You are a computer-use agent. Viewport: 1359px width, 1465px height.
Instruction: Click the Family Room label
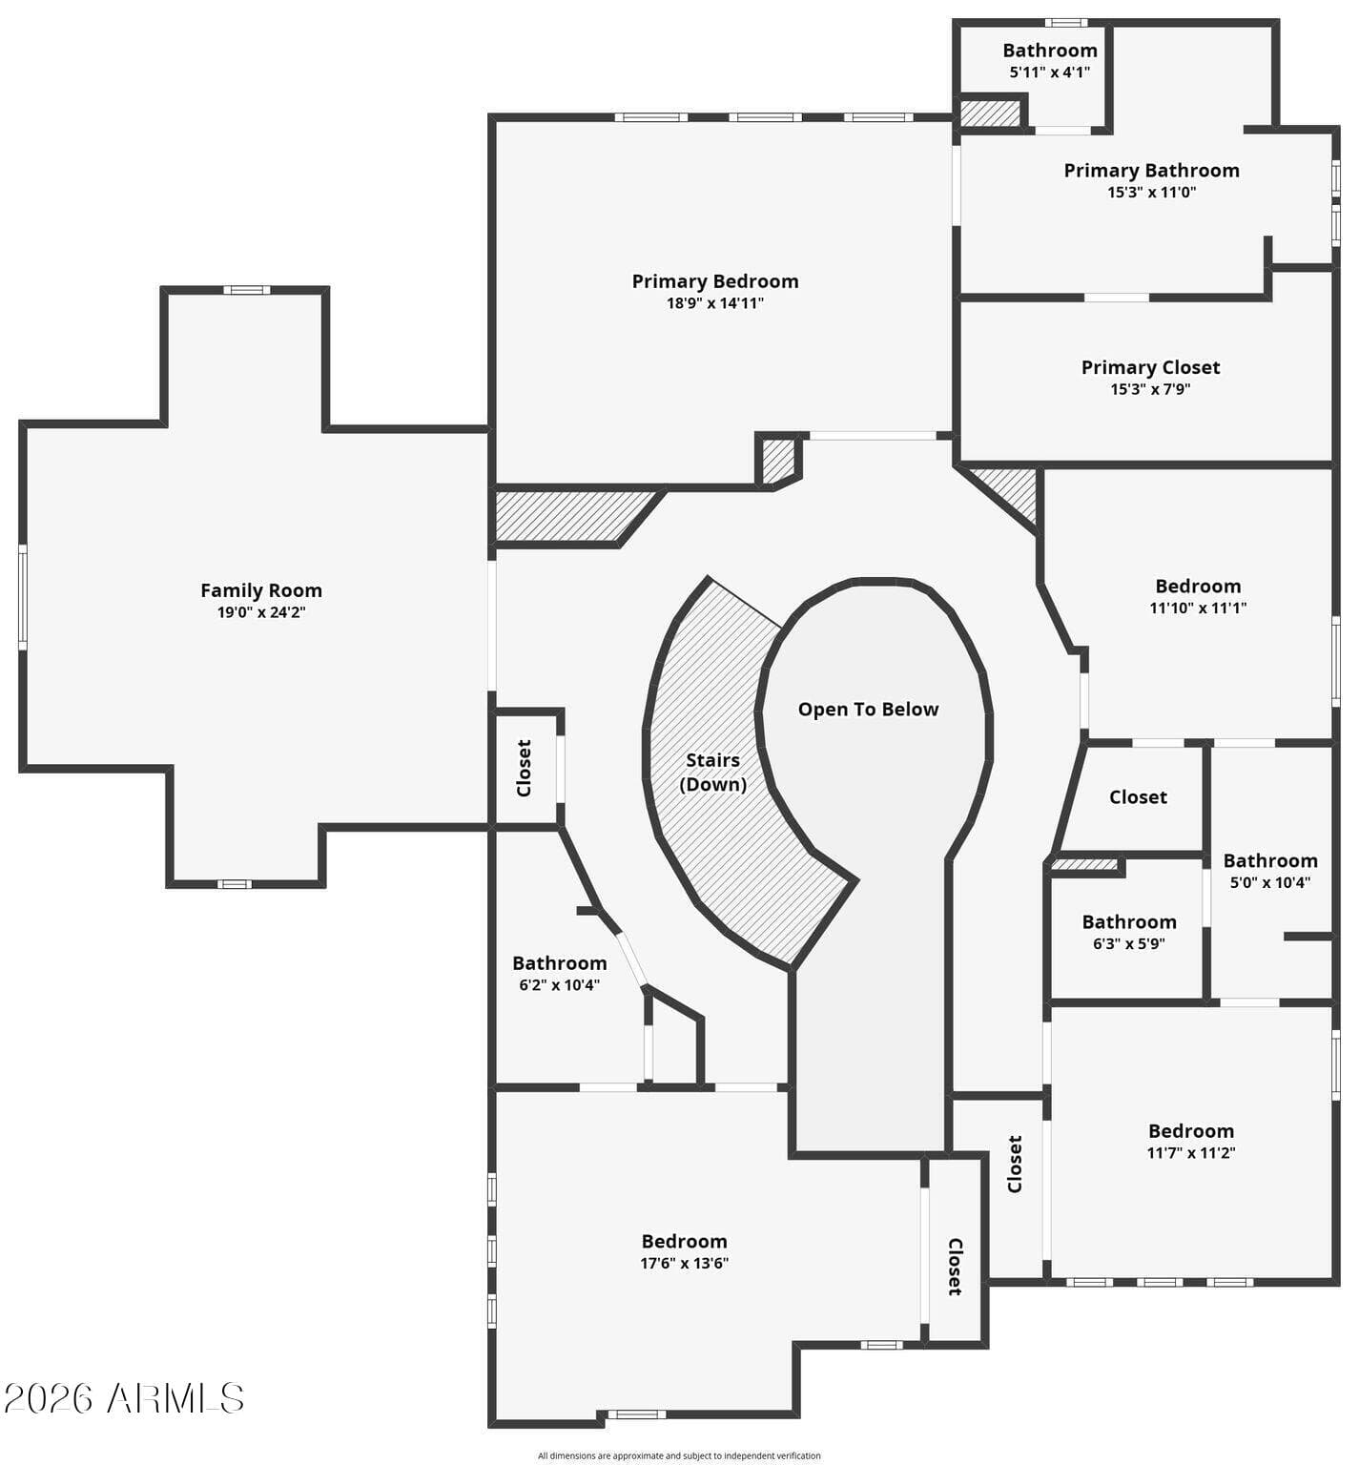(x=261, y=590)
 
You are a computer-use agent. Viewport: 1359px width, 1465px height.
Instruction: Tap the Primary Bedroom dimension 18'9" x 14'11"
(x=715, y=303)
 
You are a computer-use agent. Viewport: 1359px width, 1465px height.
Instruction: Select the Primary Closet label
(x=1150, y=367)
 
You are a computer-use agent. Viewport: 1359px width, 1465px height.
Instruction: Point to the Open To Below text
(x=868, y=710)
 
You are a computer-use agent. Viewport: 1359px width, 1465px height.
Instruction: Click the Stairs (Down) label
(x=713, y=773)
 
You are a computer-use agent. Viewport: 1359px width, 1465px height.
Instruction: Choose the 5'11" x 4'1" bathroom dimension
(x=1050, y=72)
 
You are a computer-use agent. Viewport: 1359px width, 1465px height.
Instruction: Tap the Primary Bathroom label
(x=1151, y=171)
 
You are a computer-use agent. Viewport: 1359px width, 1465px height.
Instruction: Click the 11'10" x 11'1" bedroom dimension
(x=1198, y=608)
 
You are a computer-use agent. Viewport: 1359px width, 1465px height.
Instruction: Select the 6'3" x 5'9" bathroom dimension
(x=1129, y=944)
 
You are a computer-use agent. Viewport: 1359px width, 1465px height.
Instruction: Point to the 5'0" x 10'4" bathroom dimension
(x=1270, y=883)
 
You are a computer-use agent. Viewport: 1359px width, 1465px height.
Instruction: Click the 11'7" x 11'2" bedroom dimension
(x=1191, y=1152)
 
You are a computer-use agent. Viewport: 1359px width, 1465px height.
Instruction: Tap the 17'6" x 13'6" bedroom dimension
(x=685, y=1263)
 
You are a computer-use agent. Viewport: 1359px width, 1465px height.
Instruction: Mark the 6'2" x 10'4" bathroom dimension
(x=560, y=985)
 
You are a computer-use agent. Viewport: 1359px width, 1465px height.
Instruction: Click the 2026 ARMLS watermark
(x=124, y=1398)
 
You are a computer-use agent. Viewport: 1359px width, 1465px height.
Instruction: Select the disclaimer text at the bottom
(x=679, y=1455)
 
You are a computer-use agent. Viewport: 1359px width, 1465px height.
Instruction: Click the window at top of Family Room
(x=247, y=290)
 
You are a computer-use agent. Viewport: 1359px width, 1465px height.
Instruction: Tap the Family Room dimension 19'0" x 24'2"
(x=261, y=612)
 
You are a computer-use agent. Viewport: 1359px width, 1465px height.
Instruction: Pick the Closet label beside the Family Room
(x=524, y=768)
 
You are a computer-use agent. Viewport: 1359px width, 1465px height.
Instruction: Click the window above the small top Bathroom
(x=1066, y=22)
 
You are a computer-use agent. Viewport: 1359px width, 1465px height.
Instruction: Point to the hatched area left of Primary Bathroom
(x=990, y=113)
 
